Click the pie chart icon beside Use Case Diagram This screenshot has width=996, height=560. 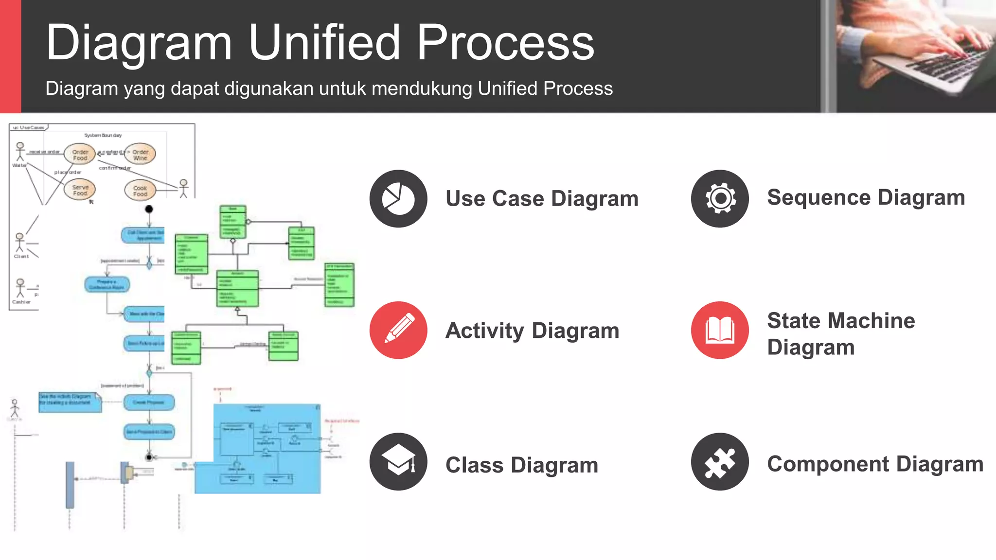point(398,198)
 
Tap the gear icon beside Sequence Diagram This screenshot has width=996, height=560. point(720,198)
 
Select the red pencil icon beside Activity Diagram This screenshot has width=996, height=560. point(398,330)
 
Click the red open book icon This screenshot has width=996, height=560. point(720,330)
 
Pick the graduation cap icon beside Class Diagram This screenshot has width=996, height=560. point(398,461)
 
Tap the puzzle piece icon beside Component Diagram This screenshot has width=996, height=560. point(720,461)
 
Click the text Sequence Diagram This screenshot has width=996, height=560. point(866,197)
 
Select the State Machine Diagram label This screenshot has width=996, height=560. point(840,333)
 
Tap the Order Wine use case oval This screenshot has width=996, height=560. point(140,154)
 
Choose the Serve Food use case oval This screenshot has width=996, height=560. point(80,190)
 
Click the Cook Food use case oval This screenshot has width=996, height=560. point(140,191)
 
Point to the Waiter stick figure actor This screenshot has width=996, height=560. point(20,151)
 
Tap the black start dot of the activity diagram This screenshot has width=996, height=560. point(149,209)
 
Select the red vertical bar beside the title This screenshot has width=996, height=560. point(10,56)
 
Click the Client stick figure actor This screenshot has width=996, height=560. point(19,242)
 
